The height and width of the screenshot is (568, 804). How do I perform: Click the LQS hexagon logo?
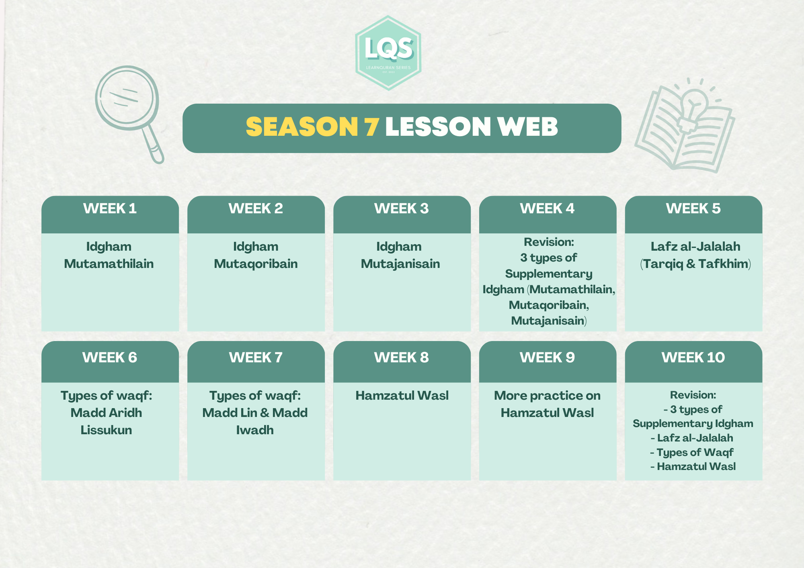pyautogui.click(x=388, y=53)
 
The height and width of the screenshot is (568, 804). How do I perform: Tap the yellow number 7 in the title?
pyautogui.click(x=372, y=127)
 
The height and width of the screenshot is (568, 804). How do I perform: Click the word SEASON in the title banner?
pyautogui.click(x=302, y=127)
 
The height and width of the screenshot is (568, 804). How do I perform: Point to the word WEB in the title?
pyautogui.click(x=527, y=127)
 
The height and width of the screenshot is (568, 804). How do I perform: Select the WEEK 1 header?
pyautogui.click(x=110, y=208)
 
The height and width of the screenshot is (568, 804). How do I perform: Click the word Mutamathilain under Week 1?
pyautogui.click(x=109, y=264)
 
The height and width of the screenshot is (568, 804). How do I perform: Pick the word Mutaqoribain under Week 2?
pyautogui.click(x=256, y=264)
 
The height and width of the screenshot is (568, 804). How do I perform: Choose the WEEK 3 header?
pyautogui.click(x=402, y=208)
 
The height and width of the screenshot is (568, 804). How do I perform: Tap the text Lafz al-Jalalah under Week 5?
pyautogui.click(x=695, y=246)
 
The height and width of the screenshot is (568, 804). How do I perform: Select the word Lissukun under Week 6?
pyautogui.click(x=106, y=430)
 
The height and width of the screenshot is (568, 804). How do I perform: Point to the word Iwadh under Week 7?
pyautogui.click(x=255, y=430)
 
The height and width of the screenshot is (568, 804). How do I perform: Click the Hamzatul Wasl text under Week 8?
pyautogui.click(x=402, y=395)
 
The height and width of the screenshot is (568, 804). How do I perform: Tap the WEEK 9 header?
pyautogui.click(x=548, y=358)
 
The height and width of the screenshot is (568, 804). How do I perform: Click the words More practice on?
pyautogui.click(x=547, y=396)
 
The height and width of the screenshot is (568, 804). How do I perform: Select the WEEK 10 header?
pyautogui.click(x=693, y=358)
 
